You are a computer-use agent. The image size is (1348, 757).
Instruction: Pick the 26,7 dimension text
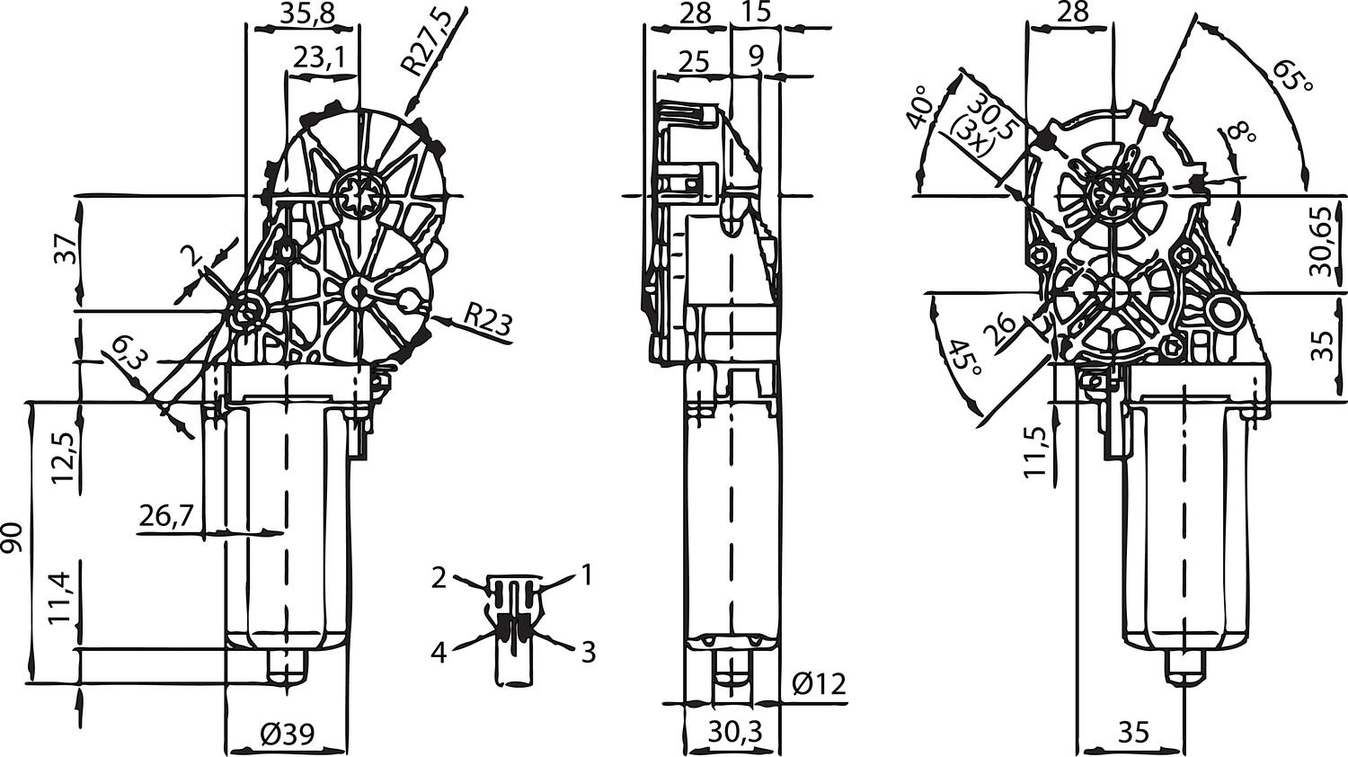pos(167,515)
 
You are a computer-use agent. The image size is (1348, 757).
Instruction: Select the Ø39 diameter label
pos(287,735)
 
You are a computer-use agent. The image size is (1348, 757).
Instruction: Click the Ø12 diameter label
pos(819,684)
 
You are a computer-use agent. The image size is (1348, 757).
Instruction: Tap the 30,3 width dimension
pos(734,732)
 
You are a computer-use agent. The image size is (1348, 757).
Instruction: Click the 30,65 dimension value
pos(1319,243)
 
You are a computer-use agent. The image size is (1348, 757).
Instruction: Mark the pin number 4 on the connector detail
pos(438,652)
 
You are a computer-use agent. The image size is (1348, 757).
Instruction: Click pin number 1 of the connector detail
pos(586,574)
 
